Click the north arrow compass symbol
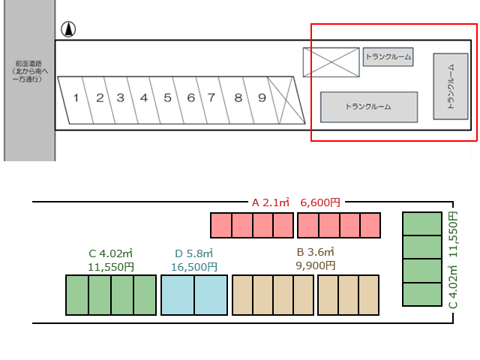tap(68, 30)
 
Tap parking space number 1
tap(76, 98)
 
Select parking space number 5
tap(167, 98)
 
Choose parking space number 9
tap(261, 98)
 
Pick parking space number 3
tap(120, 98)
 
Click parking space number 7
tap(212, 98)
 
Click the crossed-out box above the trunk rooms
tap(331, 61)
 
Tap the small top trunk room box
tap(388, 57)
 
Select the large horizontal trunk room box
tap(368, 106)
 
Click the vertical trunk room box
tap(451, 86)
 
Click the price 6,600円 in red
tap(320, 202)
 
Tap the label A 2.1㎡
tap(270, 202)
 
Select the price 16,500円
tap(194, 266)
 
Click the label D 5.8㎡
tap(194, 253)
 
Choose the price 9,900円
tap(315, 265)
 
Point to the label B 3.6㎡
tap(315, 252)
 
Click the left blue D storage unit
tap(178, 295)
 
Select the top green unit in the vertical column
tap(422, 223)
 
